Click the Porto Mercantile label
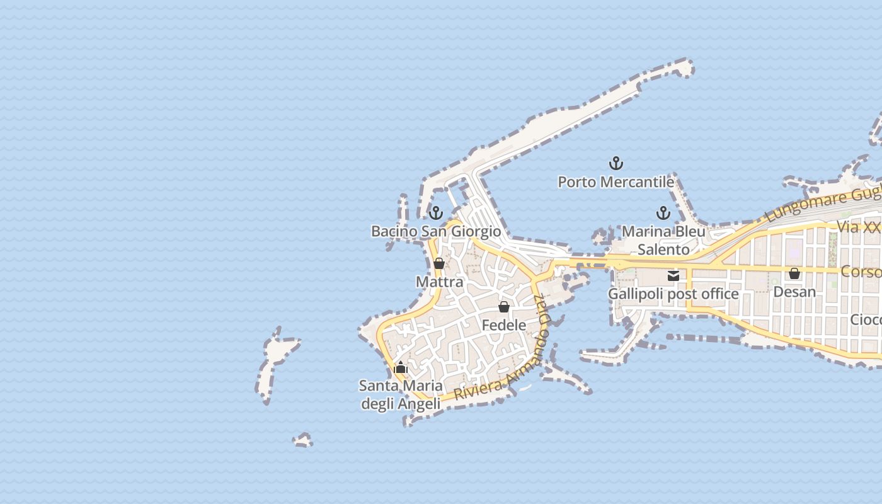pyautogui.click(x=616, y=182)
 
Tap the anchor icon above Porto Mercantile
pyautogui.click(x=616, y=164)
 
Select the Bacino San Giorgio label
pyautogui.click(x=436, y=231)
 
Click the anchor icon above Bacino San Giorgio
pyautogui.click(x=436, y=213)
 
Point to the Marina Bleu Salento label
pyautogui.click(x=663, y=240)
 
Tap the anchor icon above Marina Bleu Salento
pyautogui.click(x=663, y=213)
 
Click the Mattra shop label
pyautogui.click(x=439, y=282)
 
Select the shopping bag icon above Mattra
pyautogui.click(x=439, y=263)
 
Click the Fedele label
pyautogui.click(x=503, y=325)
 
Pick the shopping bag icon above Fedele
pyautogui.click(x=503, y=307)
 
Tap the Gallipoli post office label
pyautogui.click(x=673, y=294)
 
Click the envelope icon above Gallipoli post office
pyautogui.click(x=673, y=275)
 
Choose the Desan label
pyautogui.click(x=794, y=292)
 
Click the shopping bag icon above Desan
pyautogui.click(x=794, y=273)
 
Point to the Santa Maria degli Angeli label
pyautogui.click(x=400, y=394)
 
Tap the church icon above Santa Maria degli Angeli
pyautogui.click(x=401, y=367)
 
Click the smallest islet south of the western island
pyautogui.click(x=303, y=440)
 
